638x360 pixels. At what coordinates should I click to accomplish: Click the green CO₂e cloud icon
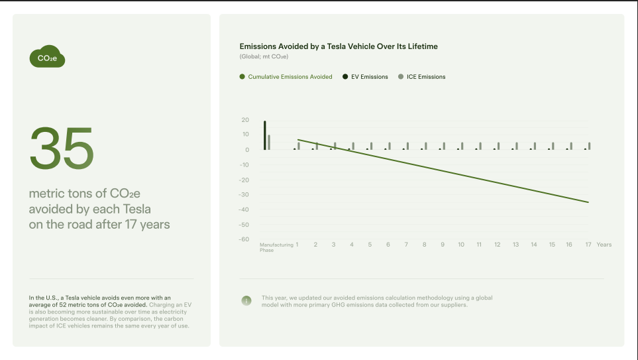[x=47, y=57]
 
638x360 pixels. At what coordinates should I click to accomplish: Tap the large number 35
[x=62, y=147]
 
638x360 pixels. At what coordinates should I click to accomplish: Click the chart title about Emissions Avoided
[x=339, y=46]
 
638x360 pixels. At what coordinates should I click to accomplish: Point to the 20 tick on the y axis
[x=245, y=120]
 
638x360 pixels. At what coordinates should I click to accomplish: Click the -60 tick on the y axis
[x=244, y=239]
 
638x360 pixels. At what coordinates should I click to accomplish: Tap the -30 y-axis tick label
[x=244, y=195]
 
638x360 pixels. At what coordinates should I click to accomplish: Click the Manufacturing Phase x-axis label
[x=276, y=247]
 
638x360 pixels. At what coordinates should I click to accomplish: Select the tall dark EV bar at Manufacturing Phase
[x=265, y=135]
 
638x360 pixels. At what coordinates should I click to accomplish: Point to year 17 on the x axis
[x=588, y=245]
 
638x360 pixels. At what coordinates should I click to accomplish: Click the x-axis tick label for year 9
[x=443, y=245]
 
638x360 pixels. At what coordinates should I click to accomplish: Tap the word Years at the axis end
[x=604, y=245]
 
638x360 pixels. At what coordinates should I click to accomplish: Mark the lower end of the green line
[x=588, y=202]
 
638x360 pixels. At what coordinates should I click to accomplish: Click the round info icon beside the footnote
[x=246, y=301]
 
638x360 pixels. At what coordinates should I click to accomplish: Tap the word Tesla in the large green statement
[x=133, y=210]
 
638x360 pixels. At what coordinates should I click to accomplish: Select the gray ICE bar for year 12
[x=498, y=146]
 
